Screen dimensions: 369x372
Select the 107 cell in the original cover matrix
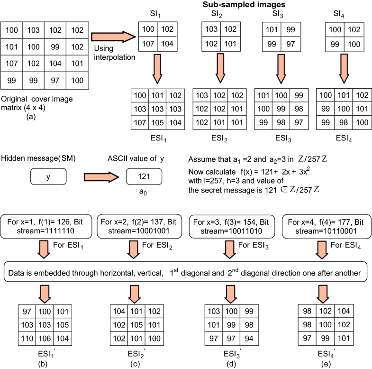(x=12, y=62)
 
